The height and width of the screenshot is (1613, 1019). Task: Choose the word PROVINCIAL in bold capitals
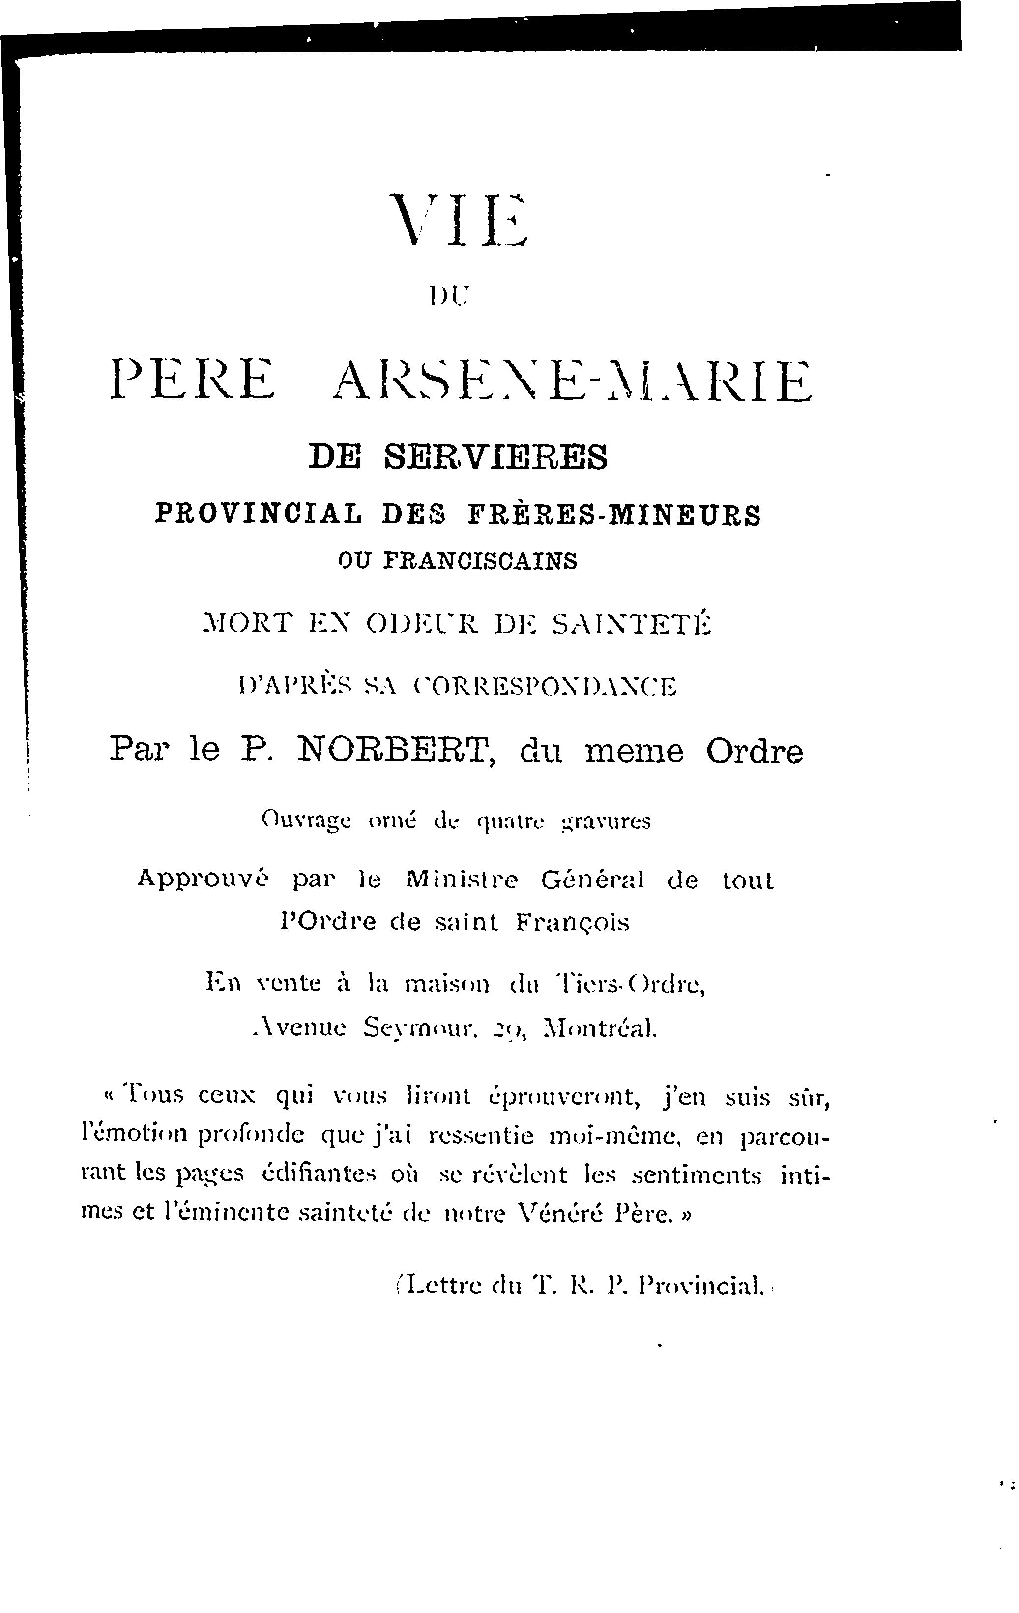pos(259,514)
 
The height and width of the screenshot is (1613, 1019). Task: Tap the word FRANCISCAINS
pos(480,560)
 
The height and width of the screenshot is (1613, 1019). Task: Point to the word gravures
pos(606,821)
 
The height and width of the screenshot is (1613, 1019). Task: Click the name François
pos(573,923)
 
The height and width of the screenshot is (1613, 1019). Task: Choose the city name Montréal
pos(600,1027)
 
